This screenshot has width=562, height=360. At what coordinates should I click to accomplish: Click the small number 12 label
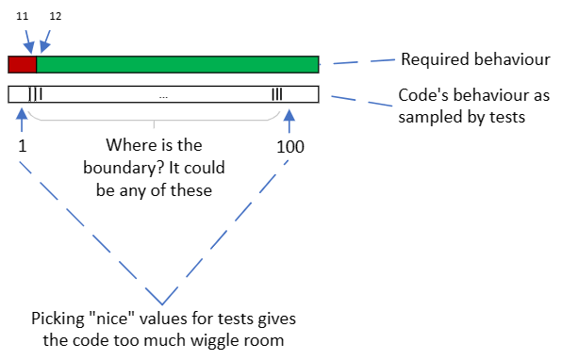[x=56, y=17]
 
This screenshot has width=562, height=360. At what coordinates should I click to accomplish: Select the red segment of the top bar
[x=22, y=64]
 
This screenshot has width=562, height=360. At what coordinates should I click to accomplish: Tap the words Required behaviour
[x=475, y=60]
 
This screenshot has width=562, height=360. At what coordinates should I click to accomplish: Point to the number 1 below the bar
[x=21, y=147]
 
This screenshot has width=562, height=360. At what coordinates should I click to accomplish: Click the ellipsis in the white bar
[x=163, y=95]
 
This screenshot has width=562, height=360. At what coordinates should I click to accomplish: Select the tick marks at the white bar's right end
[x=276, y=94]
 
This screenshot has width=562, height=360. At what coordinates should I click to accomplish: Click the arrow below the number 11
[x=28, y=40]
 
